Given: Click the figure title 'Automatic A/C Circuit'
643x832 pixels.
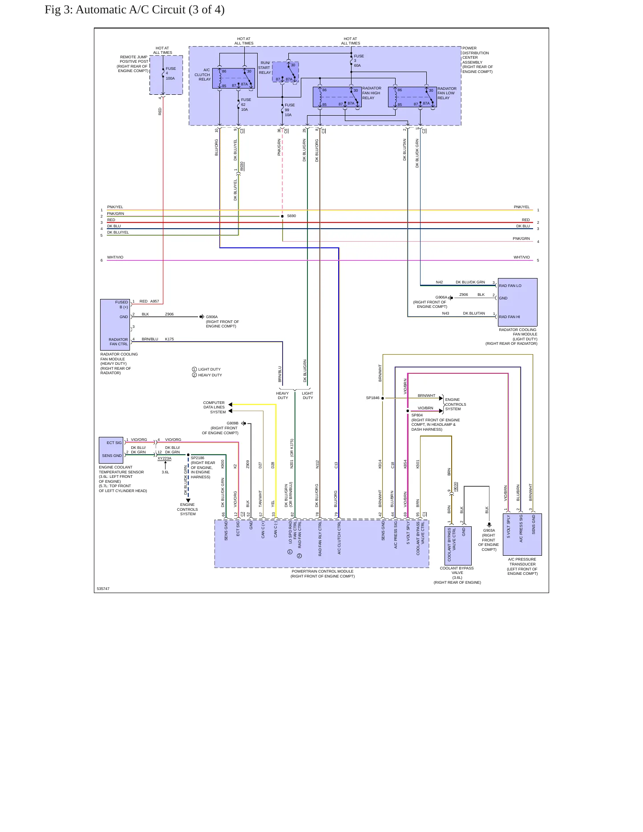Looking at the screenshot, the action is click(x=130, y=10).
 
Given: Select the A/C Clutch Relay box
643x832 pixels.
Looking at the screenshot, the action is click(x=234, y=78).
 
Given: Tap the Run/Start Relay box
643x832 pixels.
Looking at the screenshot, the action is click(x=285, y=72).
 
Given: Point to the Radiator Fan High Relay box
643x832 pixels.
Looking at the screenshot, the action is click(x=337, y=97).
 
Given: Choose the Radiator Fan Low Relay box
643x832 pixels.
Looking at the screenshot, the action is click(x=412, y=97).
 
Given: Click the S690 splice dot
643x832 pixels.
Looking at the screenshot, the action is click(x=282, y=216).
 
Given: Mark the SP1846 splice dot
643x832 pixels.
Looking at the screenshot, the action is click(x=383, y=398).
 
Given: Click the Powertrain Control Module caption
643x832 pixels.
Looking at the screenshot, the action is click(x=323, y=574).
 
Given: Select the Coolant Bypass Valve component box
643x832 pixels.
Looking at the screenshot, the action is click(x=458, y=546).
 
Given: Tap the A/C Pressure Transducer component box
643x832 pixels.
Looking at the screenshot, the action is click(x=522, y=534).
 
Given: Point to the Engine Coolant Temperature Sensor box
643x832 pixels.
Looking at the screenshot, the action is click(x=111, y=450).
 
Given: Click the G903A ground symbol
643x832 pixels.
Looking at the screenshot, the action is click(x=489, y=525).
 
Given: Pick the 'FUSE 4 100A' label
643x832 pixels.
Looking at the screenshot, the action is click(x=170, y=73).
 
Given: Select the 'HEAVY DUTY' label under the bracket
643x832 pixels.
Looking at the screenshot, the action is click(x=283, y=396).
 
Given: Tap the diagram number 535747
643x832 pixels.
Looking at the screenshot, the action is click(x=103, y=589).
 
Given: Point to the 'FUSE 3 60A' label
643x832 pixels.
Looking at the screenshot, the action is click(x=359, y=61).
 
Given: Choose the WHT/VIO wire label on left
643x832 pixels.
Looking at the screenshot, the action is click(x=115, y=257).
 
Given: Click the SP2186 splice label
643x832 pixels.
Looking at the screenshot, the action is click(x=198, y=458).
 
